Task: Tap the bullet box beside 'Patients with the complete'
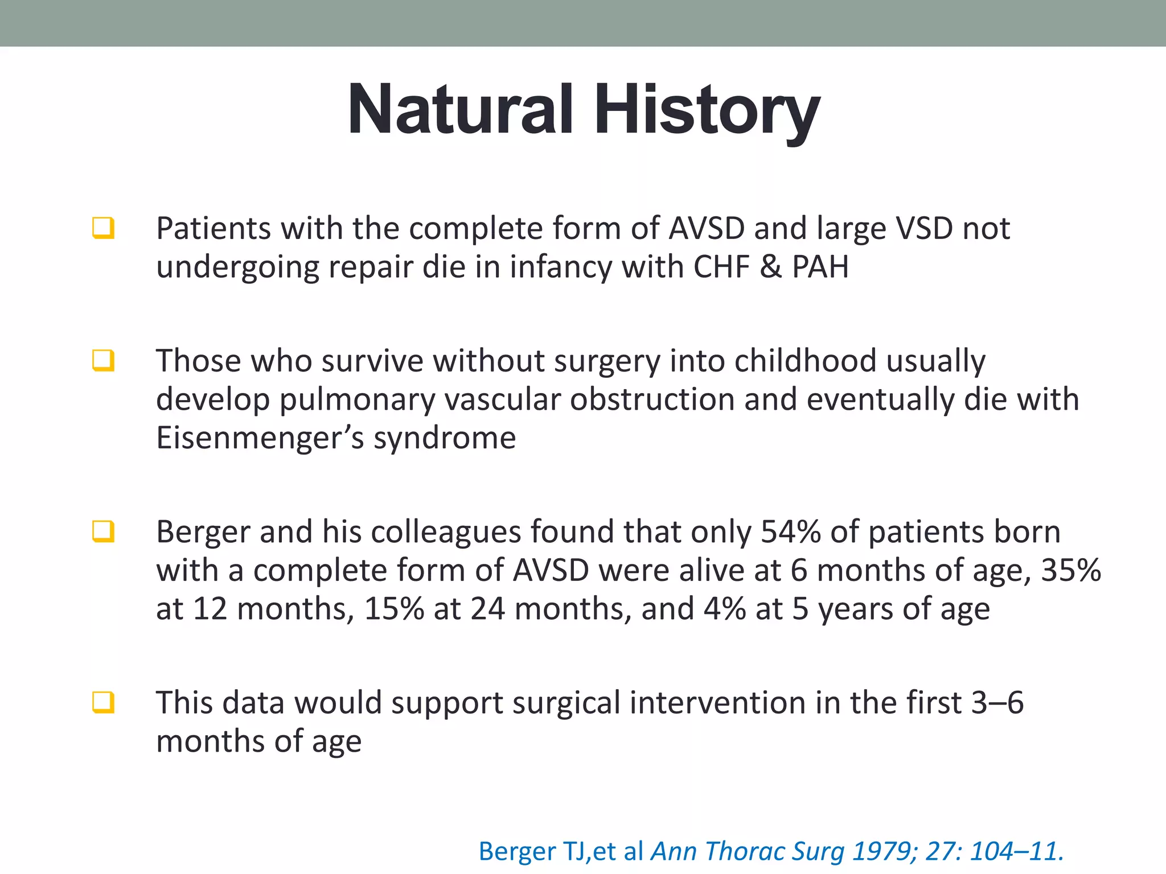click(104, 228)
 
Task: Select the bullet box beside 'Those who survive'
click(104, 361)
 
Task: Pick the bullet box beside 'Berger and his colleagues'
click(104, 531)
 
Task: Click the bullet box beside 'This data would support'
click(104, 702)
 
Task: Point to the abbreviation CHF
click(721, 266)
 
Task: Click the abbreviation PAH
click(820, 266)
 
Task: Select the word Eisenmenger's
click(260, 438)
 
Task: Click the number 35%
click(1071, 570)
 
